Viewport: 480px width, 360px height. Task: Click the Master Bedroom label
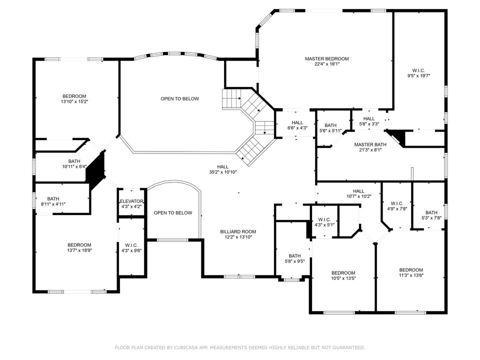pos(326,58)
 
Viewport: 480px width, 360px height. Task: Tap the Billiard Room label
pos(238,231)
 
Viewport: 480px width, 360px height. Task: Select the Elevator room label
pos(131,201)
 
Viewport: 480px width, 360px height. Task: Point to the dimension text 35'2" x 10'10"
pos(223,172)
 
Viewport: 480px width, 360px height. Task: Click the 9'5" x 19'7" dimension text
pos(418,75)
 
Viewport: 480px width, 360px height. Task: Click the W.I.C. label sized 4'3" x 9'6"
pos(131,245)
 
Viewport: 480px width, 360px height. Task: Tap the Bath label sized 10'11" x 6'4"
pos(74,161)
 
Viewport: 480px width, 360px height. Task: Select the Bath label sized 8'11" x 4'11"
pos(53,198)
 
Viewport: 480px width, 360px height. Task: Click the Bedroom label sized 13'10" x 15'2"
pos(74,96)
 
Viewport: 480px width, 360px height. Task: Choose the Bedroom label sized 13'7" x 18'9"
pos(79,244)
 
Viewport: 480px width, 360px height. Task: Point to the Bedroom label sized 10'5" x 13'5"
pos(343,272)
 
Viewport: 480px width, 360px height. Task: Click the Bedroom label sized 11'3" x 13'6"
pos(410,269)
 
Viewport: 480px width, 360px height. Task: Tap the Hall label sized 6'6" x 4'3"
pos(297,122)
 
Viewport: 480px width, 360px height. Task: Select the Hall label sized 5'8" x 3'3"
pos(369,118)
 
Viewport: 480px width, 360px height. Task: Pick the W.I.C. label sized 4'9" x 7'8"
pos(396,203)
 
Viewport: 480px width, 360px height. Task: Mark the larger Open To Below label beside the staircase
pos(179,98)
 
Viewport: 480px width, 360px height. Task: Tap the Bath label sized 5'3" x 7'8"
pos(431,212)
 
